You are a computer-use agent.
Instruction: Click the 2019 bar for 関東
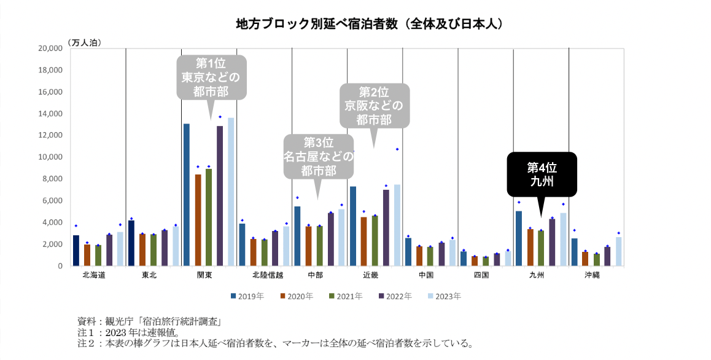[x=187, y=195]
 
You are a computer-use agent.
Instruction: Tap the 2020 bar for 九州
[x=530, y=247]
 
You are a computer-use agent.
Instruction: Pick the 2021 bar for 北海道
[x=98, y=255]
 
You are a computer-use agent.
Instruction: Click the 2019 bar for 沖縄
[x=574, y=252]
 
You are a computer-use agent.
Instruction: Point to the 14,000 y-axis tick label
[x=51, y=114]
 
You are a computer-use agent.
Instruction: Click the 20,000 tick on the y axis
[x=51, y=48]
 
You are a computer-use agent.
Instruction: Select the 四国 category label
[x=481, y=275]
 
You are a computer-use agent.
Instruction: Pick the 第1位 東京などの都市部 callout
[x=211, y=77]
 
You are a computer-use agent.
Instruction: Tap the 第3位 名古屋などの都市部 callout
[x=319, y=156]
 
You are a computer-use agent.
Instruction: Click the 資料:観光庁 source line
[x=149, y=321]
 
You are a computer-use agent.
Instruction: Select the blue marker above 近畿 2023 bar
[x=397, y=149]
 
